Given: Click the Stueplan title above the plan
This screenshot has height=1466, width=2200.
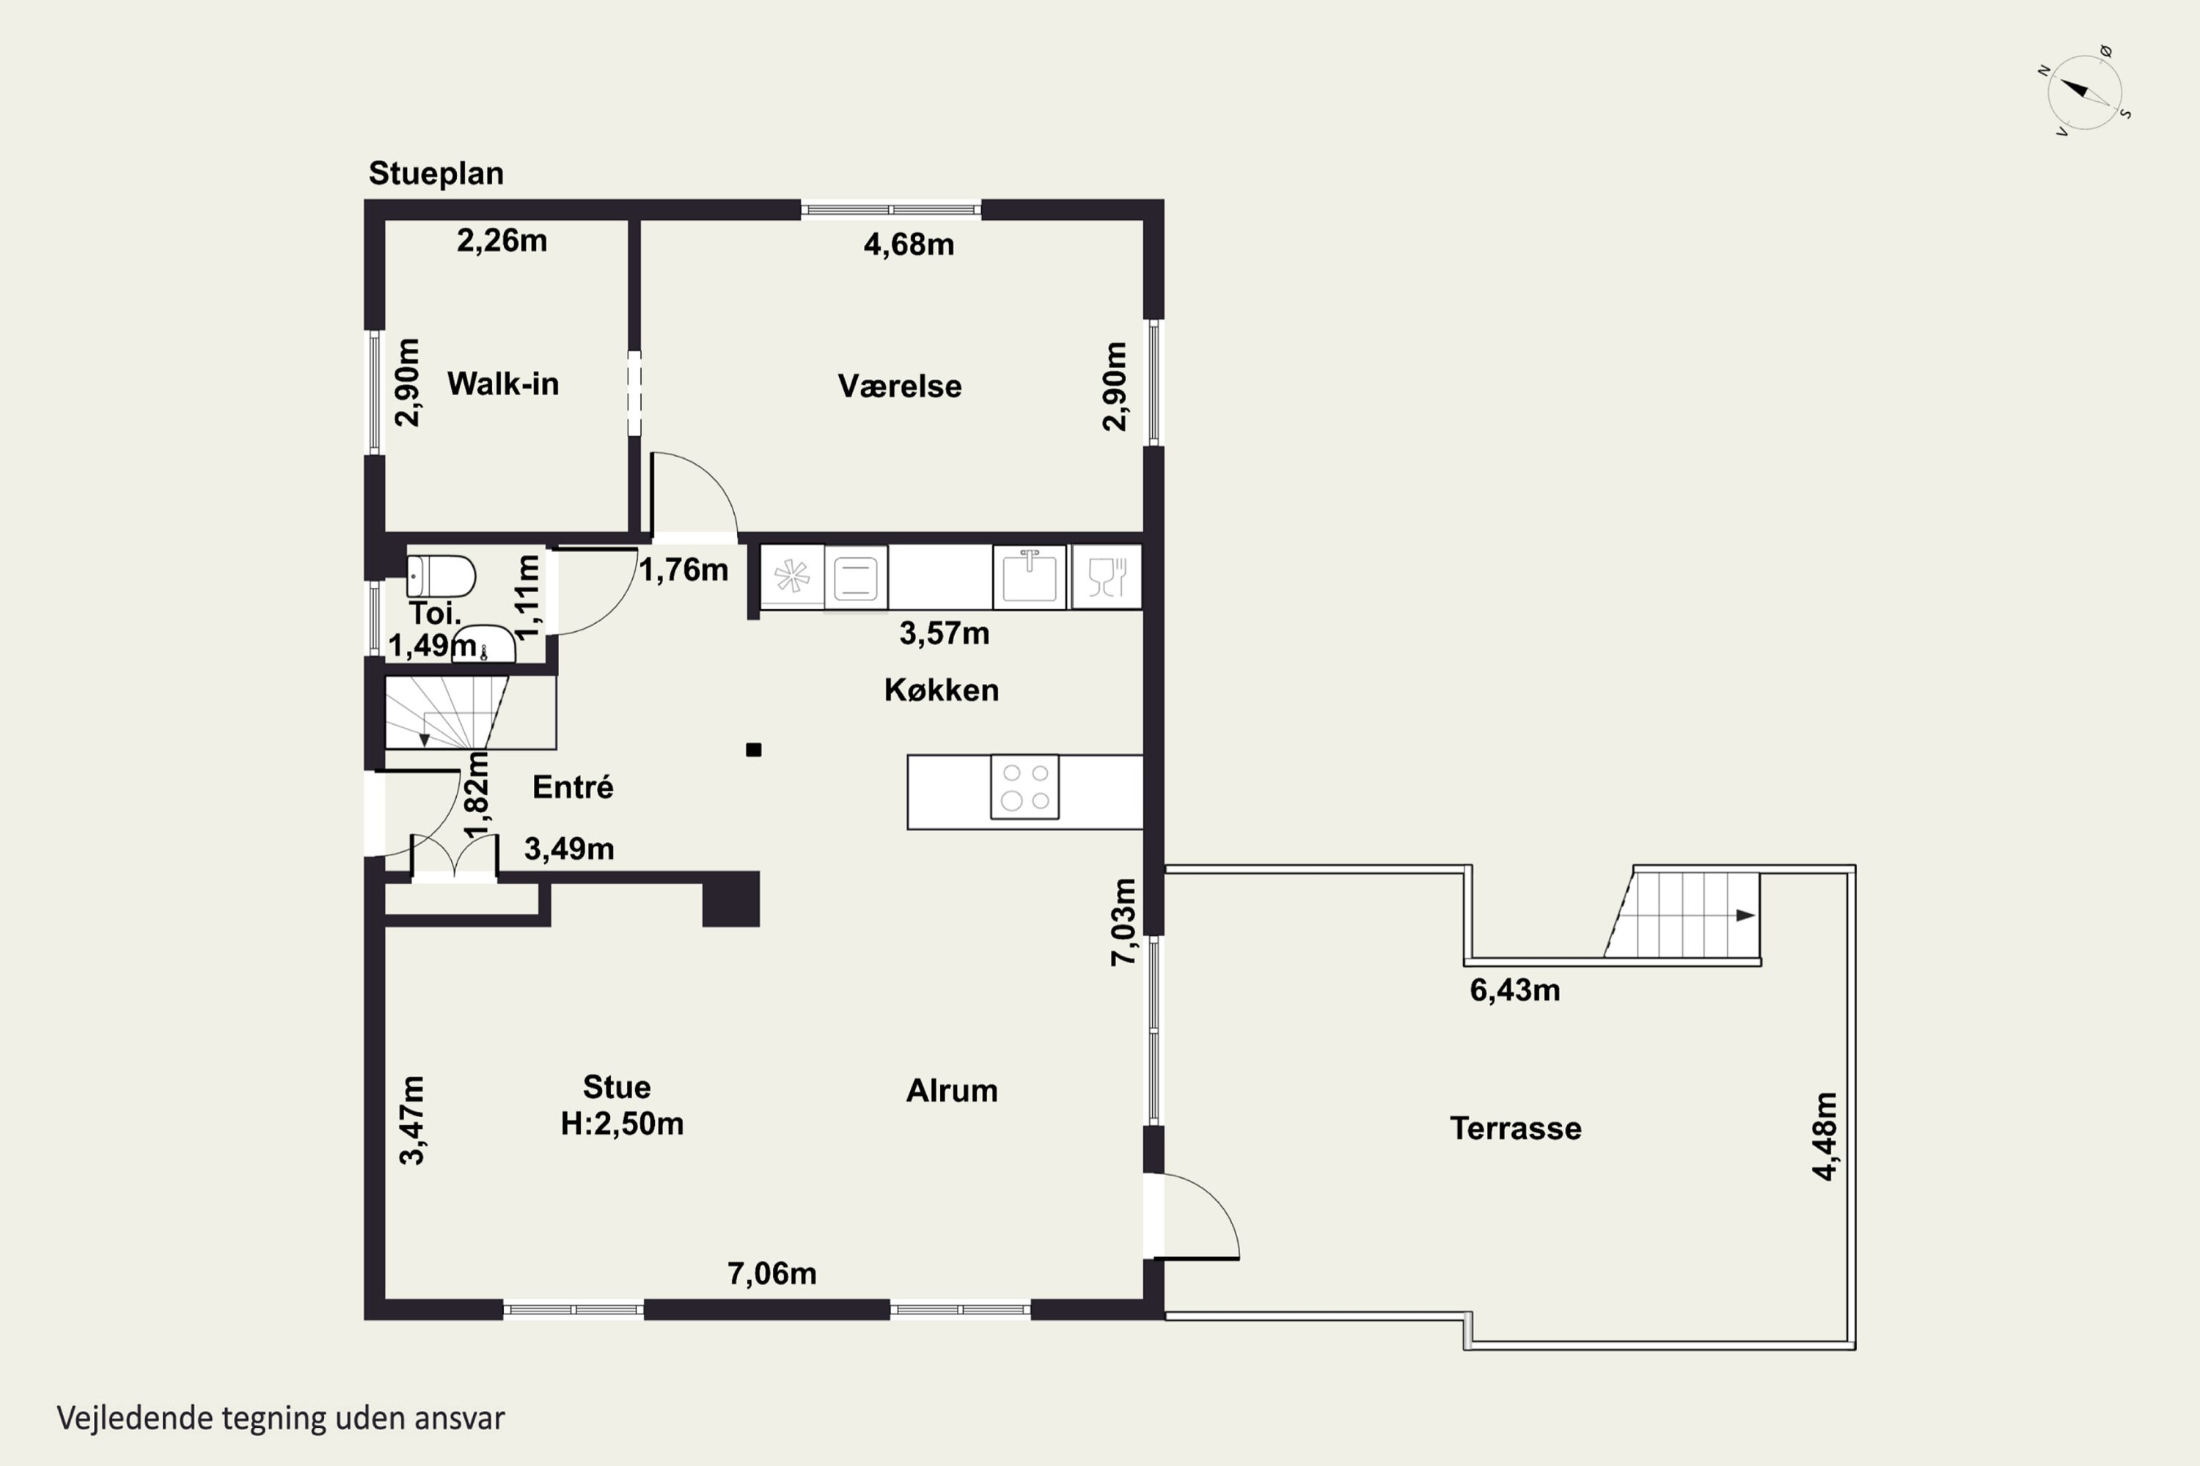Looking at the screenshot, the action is pos(436,174).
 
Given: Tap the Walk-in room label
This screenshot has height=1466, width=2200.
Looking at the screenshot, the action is pos(503,383).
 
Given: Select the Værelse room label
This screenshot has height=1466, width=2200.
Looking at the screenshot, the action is pos(900,386).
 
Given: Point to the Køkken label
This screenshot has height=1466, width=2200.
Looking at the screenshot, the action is pos(942,690).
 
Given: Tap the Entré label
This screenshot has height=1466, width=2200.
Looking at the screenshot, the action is pos(573,787).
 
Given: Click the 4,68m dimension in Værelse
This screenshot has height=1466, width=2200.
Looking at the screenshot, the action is pos(909,245).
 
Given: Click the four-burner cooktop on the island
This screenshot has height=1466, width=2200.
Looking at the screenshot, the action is pos(1025,787).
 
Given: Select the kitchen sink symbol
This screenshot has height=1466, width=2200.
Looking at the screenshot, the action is pos(1030,577).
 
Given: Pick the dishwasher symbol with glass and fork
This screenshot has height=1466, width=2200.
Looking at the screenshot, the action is pos(1107,577).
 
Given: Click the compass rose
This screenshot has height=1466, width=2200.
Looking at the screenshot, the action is pos(2085,92).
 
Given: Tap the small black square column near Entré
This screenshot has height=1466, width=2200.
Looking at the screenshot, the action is pos(754,750).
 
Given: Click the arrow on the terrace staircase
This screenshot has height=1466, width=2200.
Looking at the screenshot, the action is pos(1745,916).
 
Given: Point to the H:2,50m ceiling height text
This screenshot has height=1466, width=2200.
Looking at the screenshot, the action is pos(622,1124).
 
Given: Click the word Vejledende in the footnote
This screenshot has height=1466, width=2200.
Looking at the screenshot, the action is pos(135,1418).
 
